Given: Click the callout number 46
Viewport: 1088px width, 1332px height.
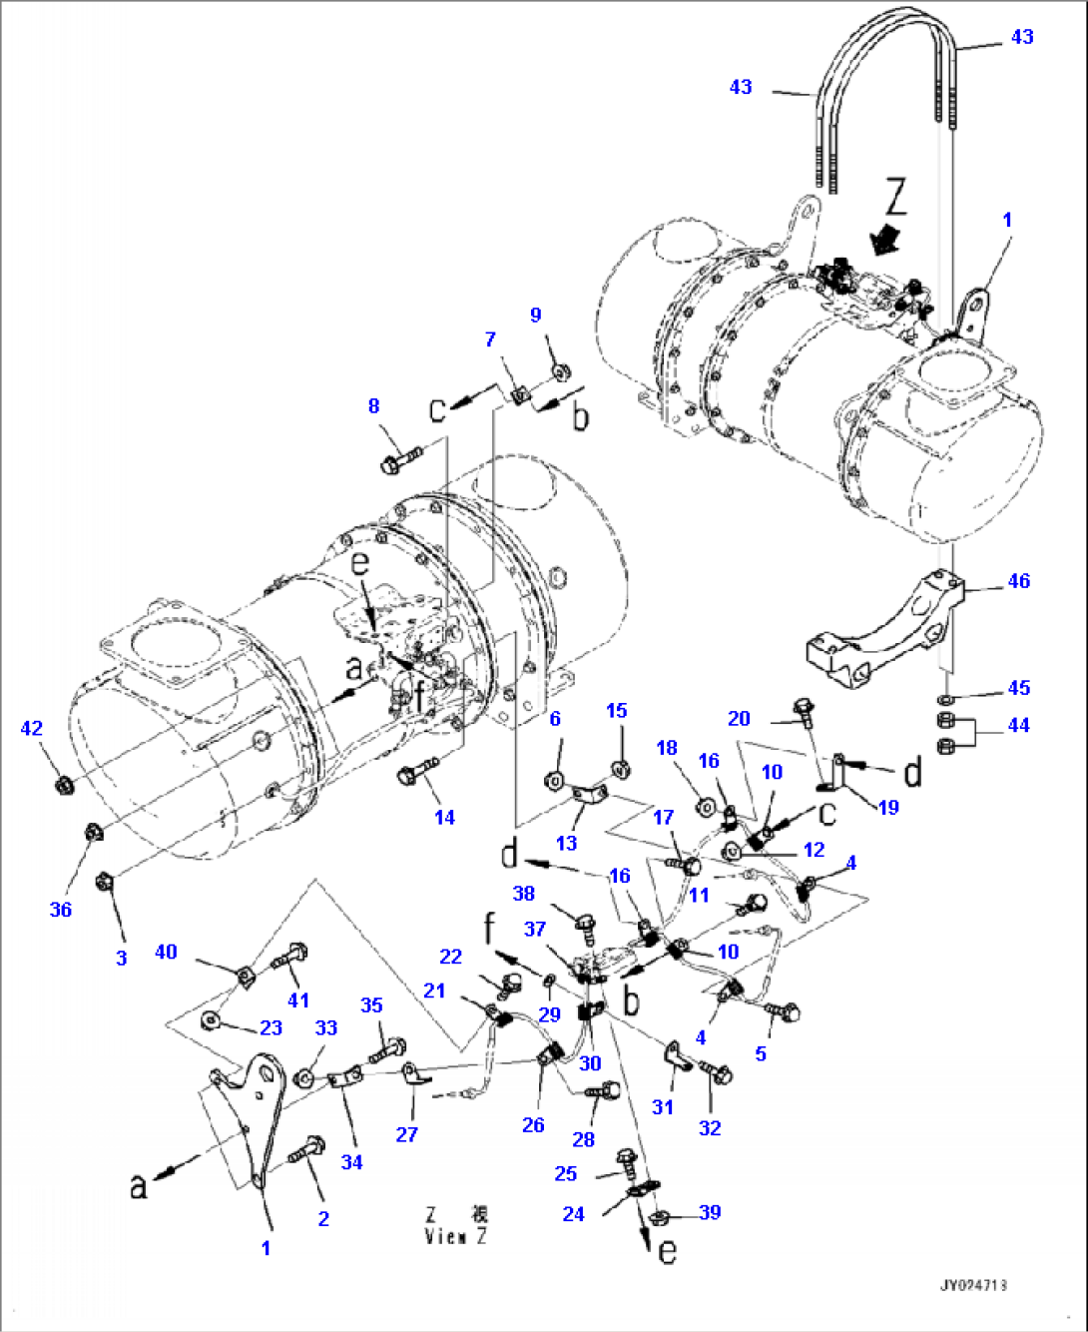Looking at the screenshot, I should (1018, 581).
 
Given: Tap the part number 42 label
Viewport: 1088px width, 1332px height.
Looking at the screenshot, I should (32, 728).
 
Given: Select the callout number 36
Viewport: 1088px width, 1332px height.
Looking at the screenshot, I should (61, 909).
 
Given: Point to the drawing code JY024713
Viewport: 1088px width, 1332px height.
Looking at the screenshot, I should (972, 1285).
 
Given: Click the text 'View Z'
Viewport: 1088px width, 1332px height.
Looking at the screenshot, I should (456, 1236).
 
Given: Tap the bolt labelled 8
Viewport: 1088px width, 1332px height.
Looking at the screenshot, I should (399, 461).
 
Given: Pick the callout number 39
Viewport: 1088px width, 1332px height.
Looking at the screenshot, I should (710, 1212).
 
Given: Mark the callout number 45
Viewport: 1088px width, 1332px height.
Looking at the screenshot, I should (1018, 688).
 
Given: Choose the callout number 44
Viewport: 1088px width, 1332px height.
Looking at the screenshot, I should (1018, 725).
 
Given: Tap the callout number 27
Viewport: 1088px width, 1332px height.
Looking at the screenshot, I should (407, 1134).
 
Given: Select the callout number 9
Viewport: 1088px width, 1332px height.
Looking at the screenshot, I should (535, 315).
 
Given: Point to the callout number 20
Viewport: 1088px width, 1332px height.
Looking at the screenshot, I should (739, 718).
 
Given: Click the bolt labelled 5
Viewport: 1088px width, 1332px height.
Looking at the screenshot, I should (784, 1012).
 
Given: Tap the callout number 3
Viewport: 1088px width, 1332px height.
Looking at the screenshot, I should (122, 958).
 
